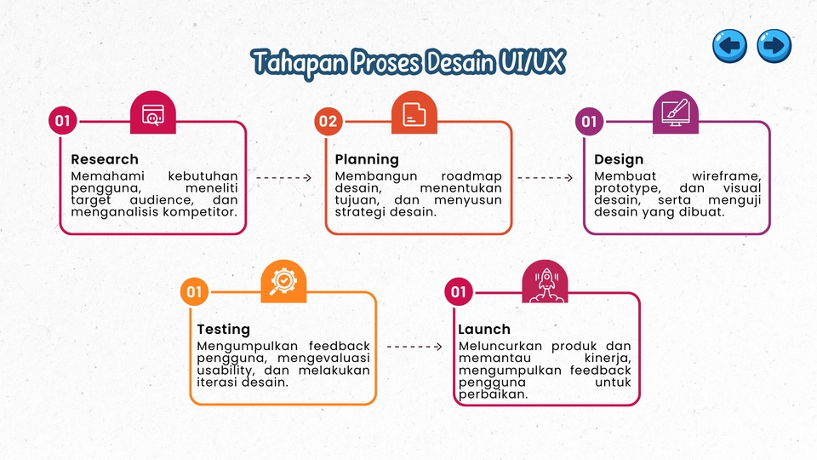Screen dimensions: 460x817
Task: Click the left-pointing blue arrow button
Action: (x=729, y=45)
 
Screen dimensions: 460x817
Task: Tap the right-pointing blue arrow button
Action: (x=774, y=45)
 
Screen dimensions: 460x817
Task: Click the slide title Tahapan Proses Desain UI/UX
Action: (x=408, y=62)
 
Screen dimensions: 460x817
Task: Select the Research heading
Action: (x=104, y=159)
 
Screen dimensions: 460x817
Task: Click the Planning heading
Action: (x=366, y=159)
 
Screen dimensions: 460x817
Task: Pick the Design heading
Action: (x=619, y=159)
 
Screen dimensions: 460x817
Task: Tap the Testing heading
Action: (x=223, y=330)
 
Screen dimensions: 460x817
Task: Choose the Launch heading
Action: (x=484, y=330)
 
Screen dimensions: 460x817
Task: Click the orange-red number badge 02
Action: (x=327, y=122)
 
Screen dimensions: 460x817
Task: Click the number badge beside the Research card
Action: (x=62, y=122)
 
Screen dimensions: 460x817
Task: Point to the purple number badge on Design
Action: (x=589, y=122)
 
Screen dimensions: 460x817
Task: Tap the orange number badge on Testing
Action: (x=194, y=292)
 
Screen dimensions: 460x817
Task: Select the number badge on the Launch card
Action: (x=459, y=292)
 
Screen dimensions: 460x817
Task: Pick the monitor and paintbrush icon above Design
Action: (x=676, y=112)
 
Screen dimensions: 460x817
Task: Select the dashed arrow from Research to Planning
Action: (x=284, y=178)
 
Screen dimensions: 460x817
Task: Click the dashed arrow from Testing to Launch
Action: (x=414, y=347)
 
